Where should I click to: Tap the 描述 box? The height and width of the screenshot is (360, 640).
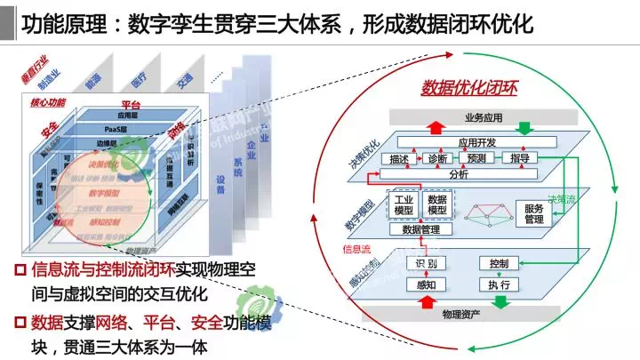click(399, 158)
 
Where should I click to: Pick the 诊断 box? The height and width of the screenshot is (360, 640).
click(436, 158)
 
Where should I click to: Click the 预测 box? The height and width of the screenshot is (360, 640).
click(476, 158)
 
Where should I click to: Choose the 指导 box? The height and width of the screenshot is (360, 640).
click(520, 158)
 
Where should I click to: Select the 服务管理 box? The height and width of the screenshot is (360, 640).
click(533, 213)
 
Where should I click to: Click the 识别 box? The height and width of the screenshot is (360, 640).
click(426, 264)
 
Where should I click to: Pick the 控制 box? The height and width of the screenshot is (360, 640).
click(498, 264)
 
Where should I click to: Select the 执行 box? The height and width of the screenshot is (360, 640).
click(498, 285)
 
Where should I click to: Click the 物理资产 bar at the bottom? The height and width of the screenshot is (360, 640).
click(462, 313)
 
